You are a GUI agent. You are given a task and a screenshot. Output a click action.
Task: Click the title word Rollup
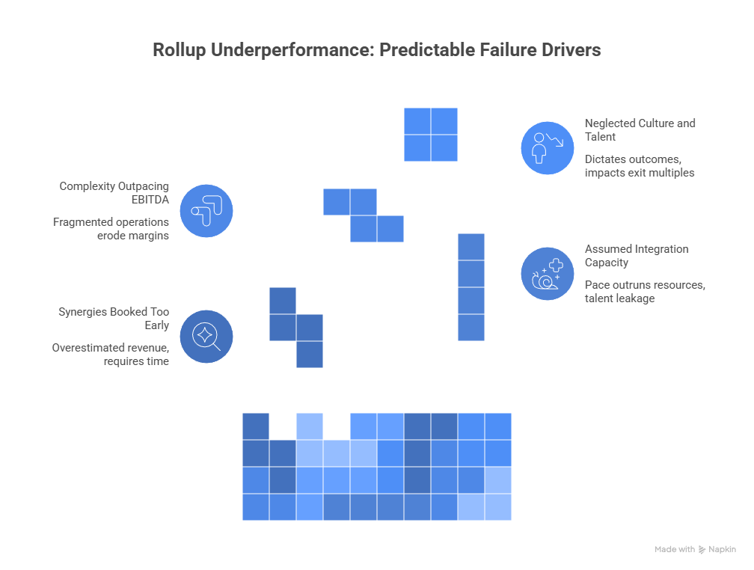coord(176,51)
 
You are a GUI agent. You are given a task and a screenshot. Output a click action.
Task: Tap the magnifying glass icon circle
coord(206,336)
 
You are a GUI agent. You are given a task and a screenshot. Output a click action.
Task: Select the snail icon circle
coord(548,273)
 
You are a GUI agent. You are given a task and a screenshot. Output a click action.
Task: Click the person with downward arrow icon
coord(548,147)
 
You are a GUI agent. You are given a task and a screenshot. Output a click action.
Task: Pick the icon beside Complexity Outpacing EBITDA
coord(206,210)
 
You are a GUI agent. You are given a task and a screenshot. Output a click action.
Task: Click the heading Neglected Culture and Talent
coord(640,129)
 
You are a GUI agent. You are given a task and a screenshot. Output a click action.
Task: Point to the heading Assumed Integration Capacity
coord(636,255)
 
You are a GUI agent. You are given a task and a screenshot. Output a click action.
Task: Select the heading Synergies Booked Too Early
coord(114,318)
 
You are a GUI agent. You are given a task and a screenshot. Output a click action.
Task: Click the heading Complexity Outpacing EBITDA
coord(114,192)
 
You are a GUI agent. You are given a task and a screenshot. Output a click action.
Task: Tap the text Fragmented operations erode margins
coord(111,228)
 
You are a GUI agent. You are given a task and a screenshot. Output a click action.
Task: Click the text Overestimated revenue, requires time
coord(111,354)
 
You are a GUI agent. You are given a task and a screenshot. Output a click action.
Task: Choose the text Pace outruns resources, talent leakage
coord(645,291)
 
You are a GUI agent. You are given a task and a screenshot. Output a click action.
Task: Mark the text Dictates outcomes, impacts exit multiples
coord(640,165)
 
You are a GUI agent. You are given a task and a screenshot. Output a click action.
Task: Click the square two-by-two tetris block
coord(431,134)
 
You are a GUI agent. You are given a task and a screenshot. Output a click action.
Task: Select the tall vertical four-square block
coord(471,286)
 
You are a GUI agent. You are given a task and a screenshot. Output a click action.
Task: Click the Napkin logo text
coord(722,549)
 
